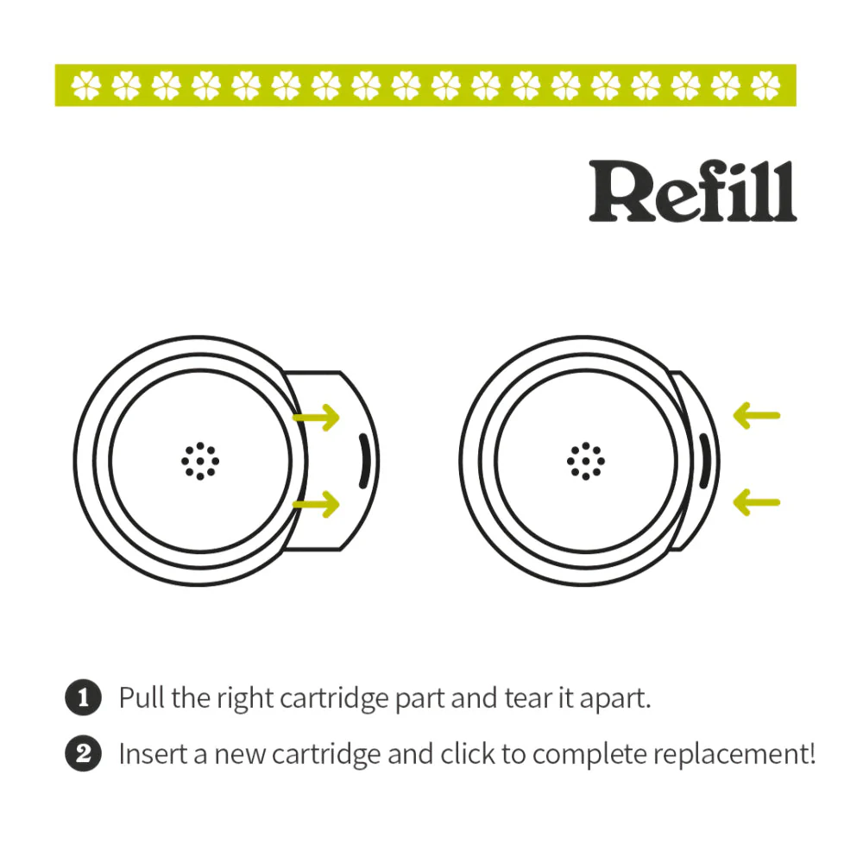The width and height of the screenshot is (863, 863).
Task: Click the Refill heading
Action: (x=692, y=192)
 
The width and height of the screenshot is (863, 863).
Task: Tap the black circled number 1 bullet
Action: (x=84, y=697)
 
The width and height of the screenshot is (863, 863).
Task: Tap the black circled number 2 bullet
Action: (x=84, y=754)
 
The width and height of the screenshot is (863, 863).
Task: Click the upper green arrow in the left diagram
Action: (x=317, y=419)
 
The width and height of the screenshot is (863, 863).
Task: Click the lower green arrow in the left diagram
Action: (x=317, y=505)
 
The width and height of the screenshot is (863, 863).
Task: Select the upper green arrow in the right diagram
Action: (x=756, y=416)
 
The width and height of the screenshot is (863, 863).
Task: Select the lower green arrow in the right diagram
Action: (x=756, y=502)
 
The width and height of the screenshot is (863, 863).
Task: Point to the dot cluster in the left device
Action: (x=200, y=461)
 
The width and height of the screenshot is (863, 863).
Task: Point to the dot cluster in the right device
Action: (x=586, y=461)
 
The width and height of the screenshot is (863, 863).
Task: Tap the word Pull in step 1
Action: (x=142, y=697)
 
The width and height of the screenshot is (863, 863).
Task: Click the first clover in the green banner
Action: (x=86, y=85)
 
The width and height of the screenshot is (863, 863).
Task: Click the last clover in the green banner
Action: (x=765, y=85)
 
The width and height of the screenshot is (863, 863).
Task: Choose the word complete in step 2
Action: (x=589, y=756)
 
